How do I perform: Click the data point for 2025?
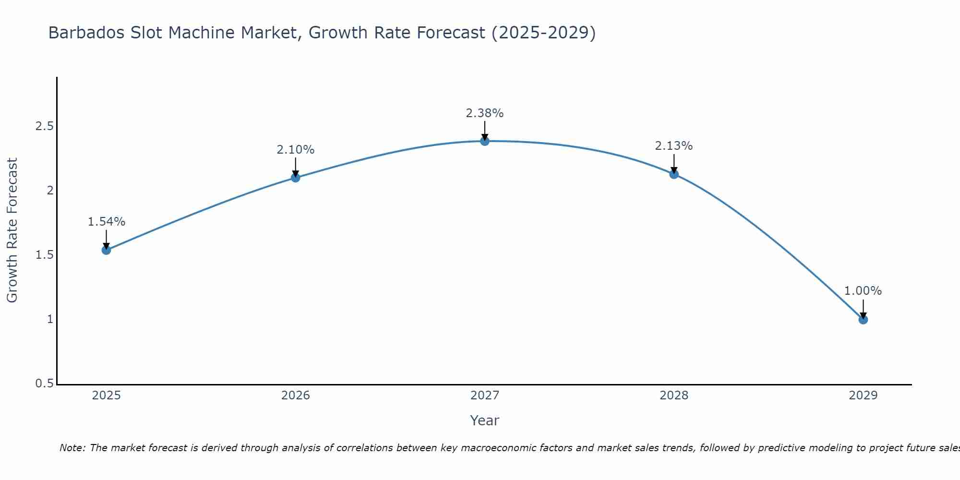[x=107, y=250]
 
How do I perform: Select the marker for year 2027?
[x=485, y=141]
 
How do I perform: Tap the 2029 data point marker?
[x=863, y=319]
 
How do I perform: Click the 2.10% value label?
[x=295, y=150]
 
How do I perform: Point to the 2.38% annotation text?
[x=485, y=113]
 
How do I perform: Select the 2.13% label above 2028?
[x=674, y=146]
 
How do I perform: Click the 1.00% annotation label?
[x=863, y=291]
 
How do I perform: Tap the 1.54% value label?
[x=107, y=222]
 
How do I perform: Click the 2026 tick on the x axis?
[x=295, y=396]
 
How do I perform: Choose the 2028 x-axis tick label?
[x=674, y=396]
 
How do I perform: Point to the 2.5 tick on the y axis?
[x=44, y=126]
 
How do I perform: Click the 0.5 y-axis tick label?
[x=44, y=384]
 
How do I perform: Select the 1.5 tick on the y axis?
[x=44, y=255]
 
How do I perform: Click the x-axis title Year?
[x=485, y=420]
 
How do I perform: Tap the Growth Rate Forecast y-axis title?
[x=12, y=230]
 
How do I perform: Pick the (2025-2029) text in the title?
[x=544, y=33]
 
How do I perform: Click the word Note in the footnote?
[x=72, y=448]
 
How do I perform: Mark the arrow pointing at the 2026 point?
[x=295, y=168]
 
